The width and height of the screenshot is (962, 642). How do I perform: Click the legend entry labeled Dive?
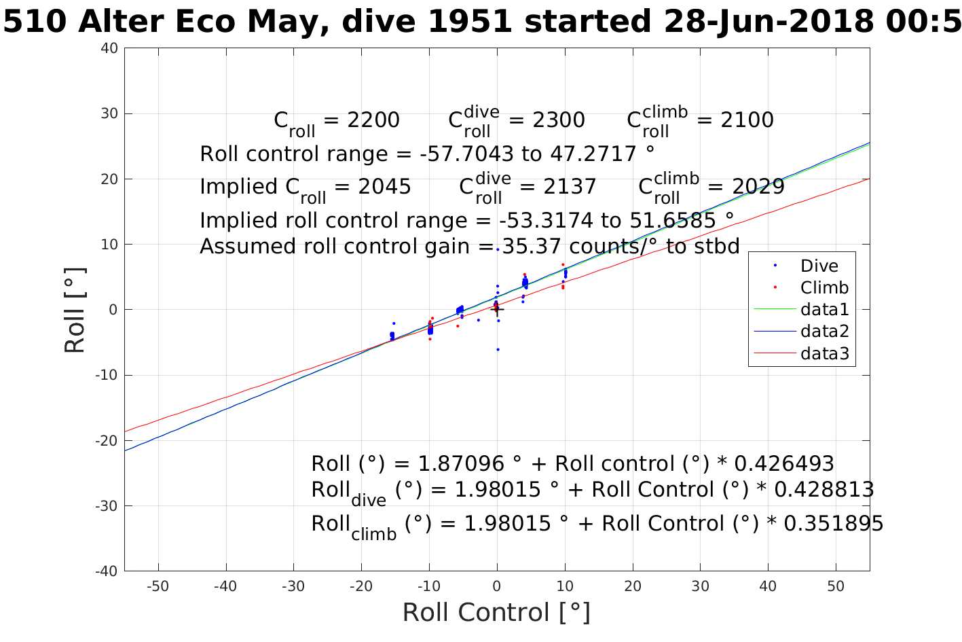point(819,266)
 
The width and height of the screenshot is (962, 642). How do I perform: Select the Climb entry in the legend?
point(824,287)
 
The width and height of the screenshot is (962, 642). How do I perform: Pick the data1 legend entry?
point(824,310)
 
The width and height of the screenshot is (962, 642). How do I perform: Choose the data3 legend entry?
point(824,353)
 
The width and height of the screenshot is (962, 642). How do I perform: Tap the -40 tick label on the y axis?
point(107,571)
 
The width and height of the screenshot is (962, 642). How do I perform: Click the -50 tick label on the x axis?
point(158,586)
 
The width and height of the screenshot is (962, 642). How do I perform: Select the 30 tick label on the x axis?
point(700,586)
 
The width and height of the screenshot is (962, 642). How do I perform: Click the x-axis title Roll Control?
point(496,612)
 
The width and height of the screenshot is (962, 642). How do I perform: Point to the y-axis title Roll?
point(75,310)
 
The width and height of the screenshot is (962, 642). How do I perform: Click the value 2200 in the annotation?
point(373,120)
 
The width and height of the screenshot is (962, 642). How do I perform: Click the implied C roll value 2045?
point(385,187)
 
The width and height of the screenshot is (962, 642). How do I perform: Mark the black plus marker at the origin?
point(497,309)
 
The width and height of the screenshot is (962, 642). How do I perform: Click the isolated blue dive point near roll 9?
point(497,249)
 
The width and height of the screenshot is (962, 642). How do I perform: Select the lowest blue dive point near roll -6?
point(498,349)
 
